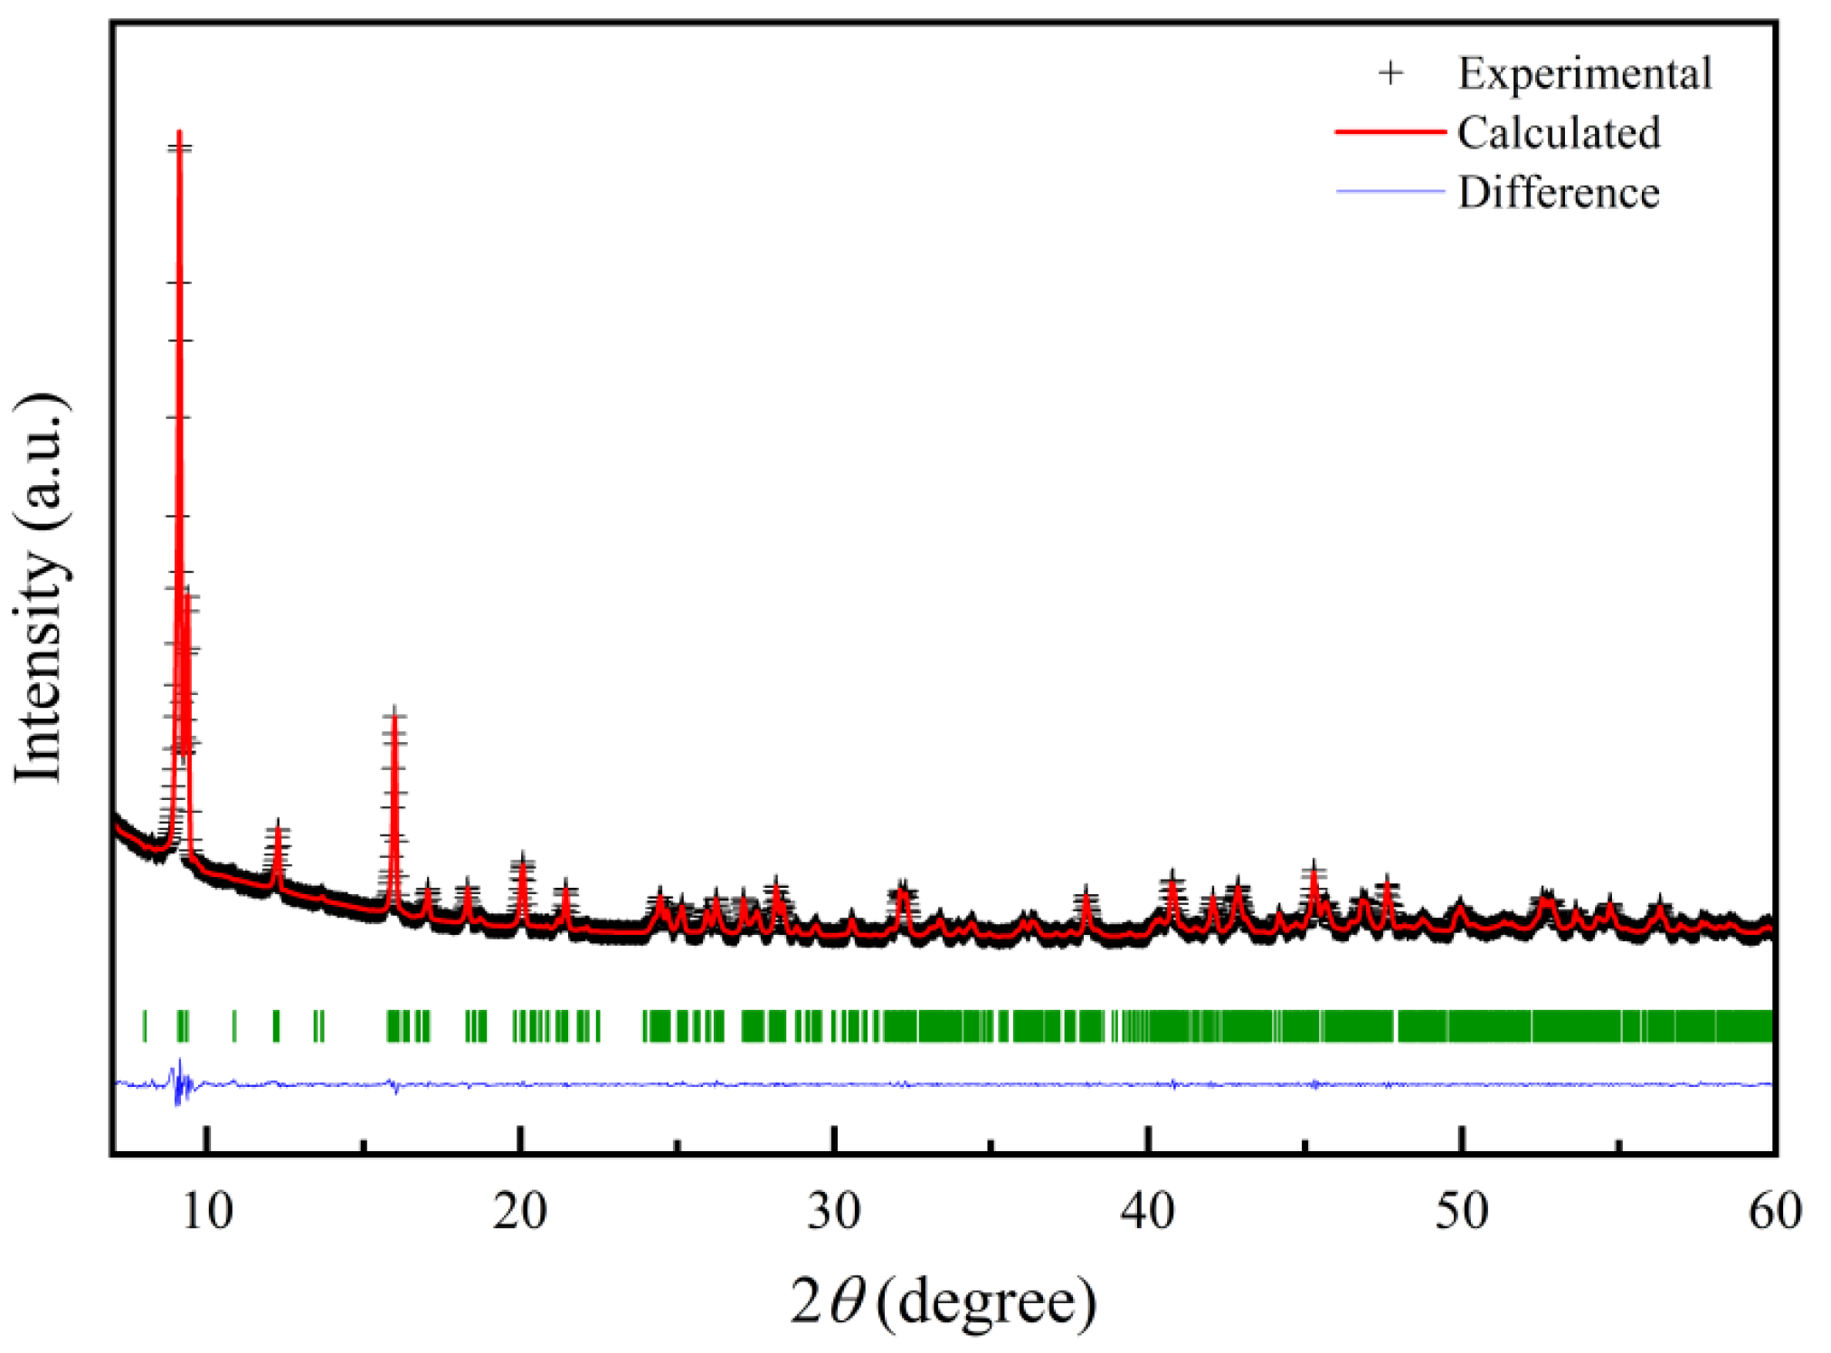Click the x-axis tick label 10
coord(207,1211)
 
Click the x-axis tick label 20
coord(520,1211)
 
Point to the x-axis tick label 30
coord(834,1211)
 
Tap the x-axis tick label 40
coord(1147,1211)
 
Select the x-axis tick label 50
coord(1462,1211)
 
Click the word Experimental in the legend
coord(1584,73)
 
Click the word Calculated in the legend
coord(1559,133)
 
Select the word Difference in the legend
coord(1559,193)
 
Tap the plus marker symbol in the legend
coord(1391,73)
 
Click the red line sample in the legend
coord(1390,132)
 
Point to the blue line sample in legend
coord(1390,192)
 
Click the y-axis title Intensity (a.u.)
coord(41,588)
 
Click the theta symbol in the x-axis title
coord(848,1301)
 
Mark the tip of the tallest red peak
coord(179,134)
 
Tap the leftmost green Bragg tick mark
coord(145,1026)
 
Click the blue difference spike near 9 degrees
coord(179,1081)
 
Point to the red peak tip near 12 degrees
coord(278,828)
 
